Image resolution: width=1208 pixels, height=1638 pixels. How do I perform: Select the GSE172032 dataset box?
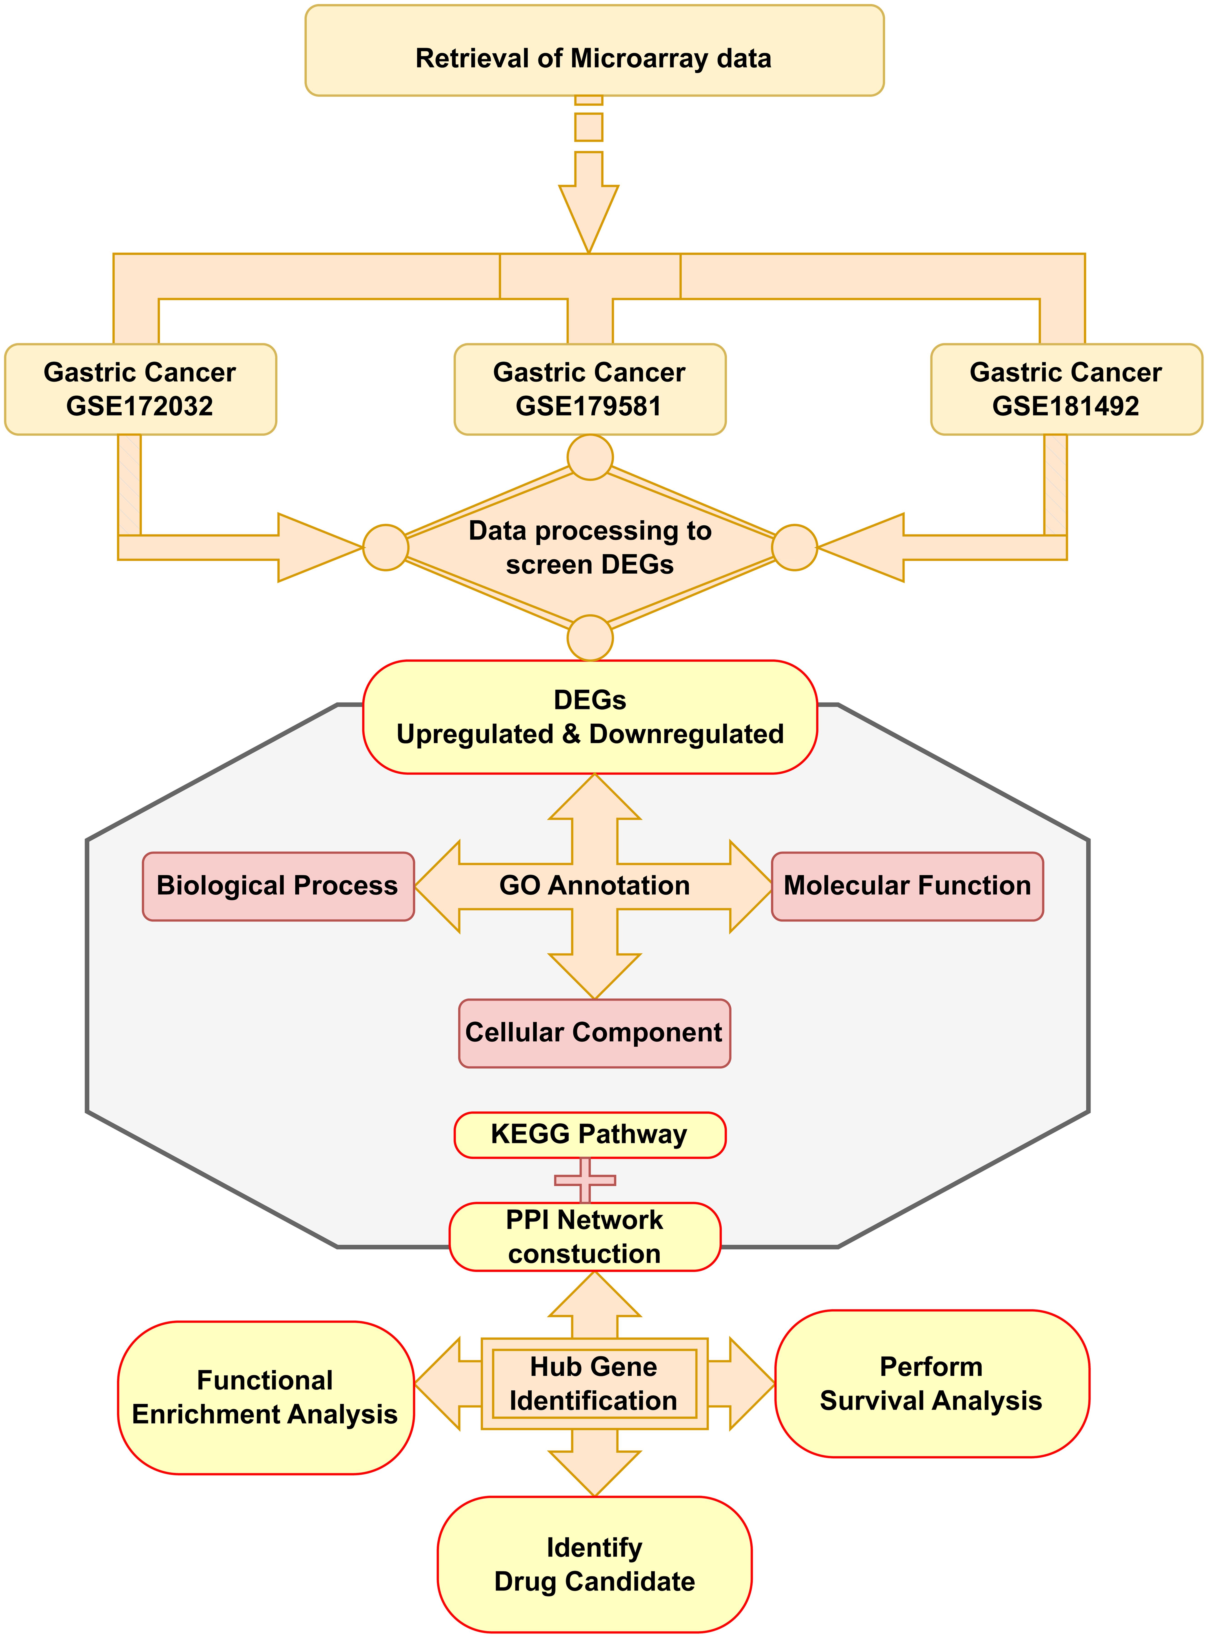point(140,389)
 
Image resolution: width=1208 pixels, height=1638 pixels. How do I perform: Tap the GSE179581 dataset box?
point(589,389)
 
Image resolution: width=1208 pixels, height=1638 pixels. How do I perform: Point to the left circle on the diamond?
point(385,547)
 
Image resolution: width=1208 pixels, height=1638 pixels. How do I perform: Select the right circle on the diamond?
point(795,547)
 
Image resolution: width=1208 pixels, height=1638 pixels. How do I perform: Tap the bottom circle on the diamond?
point(590,638)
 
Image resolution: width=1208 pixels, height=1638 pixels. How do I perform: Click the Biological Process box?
point(278,885)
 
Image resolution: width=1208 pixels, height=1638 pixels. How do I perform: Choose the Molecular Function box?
point(907,885)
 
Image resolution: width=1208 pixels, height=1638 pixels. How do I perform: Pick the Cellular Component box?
point(594,1033)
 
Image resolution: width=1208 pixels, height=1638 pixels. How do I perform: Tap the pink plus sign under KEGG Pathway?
point(585,1179)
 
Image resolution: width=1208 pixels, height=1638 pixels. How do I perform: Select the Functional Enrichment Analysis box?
point(265,1397)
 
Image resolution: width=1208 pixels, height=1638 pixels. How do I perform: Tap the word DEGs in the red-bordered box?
point(589,700)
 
